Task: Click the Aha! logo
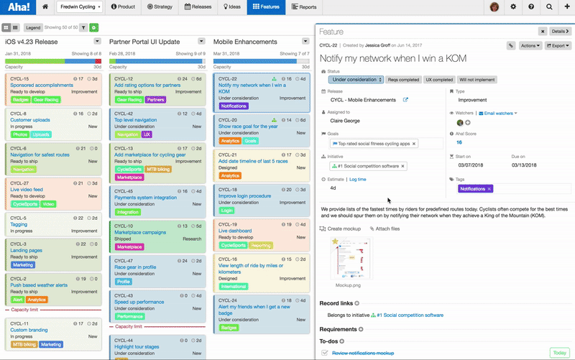pyautogui.click(x=17, y=7)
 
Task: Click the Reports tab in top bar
pyautogui.click(x=304, y=7)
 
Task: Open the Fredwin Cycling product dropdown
pyautogui.click(x=79, y=7)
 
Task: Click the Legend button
pyautogui.click(x=33, y=27)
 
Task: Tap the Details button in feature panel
pyautogui.click(x=559, y=32)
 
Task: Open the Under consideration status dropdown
pyautogui.click(x=357, y=80)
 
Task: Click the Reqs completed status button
pyautogui.click(x=403, y=80)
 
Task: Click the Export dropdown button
pyautogui.click(x=558, y=45)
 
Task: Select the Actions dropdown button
pyautogui.click(x=530, y=45)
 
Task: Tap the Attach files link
pyautogui.click(x=385, y=229)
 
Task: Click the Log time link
pyautogui.click(x=357, y=179)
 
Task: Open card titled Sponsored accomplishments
pyautogui.click(x=41, y=85)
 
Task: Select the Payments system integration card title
pyautogui.click(x=145, y=198)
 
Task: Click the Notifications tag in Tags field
pyautogui.click(x=473, y=188)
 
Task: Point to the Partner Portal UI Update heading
pyautogui.click(x=144, y=42)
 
